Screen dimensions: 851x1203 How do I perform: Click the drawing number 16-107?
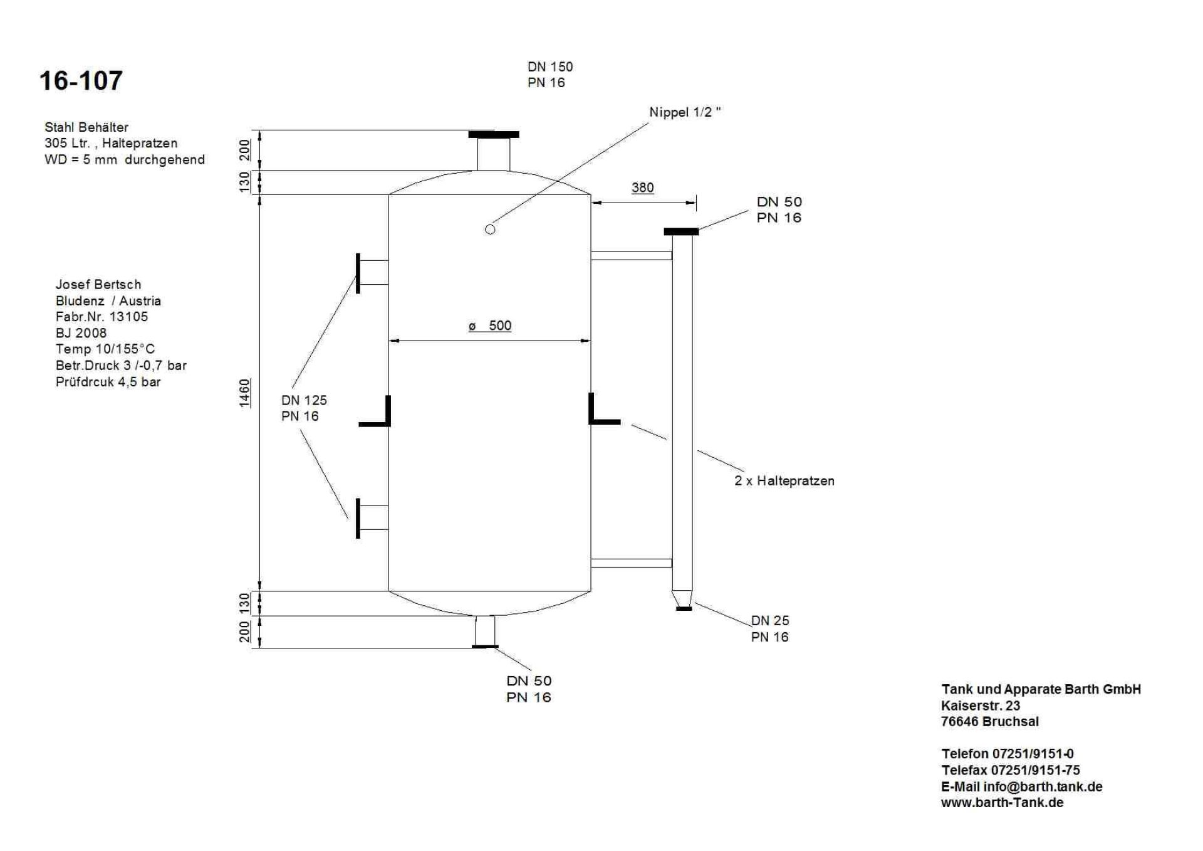point(81,81)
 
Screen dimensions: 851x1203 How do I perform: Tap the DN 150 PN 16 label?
point(549,75)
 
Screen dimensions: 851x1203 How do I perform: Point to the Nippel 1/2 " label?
point(684,112)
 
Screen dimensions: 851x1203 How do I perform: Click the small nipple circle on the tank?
point(490,230)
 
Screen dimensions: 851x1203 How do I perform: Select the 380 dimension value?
point(642,188)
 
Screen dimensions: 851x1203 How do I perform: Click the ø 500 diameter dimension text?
point(490,325)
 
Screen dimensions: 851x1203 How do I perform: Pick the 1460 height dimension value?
point(244,393)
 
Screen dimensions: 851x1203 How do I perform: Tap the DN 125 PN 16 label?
point(304,408)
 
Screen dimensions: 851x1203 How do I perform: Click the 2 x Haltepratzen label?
point(784,481)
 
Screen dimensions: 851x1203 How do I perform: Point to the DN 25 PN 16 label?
point(769,628)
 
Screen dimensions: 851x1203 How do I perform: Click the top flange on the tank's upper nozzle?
point(494,134)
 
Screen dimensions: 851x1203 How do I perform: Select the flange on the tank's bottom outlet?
point(485,646)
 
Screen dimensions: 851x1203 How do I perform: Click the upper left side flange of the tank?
point(358,273)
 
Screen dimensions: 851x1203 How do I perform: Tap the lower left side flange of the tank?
point(358,518)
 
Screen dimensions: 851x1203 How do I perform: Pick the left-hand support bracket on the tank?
point(377,414)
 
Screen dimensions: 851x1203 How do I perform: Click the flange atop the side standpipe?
point(681,232)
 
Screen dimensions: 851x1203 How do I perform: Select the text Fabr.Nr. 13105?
point(102,317)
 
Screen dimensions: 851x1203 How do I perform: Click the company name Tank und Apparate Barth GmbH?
point(1041,689)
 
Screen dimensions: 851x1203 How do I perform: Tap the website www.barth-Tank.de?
point(1002,803)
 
